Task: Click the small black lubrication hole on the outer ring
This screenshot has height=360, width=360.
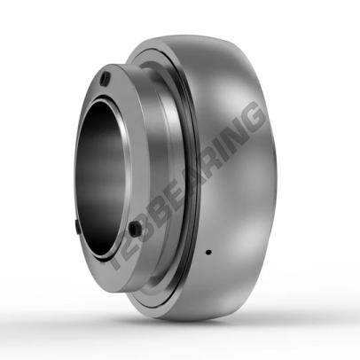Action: (208, 253)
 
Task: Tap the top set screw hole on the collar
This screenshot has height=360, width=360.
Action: (106, 78)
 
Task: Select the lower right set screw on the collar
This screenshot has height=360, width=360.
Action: (135, 229)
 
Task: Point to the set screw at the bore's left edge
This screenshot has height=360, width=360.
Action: (76, 227)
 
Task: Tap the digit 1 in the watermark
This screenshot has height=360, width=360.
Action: (118, 260)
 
